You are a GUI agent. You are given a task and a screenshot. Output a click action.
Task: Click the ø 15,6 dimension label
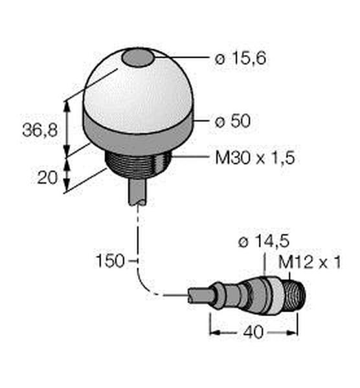[x=241, y=59]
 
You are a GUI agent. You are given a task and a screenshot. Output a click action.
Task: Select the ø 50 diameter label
[x=232, y=121]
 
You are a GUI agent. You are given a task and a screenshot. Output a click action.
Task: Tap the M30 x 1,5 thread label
[x=255, y=158]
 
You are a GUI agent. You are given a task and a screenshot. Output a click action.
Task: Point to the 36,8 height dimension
[x=40, y=130]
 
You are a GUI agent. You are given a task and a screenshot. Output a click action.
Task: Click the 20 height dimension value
[x=47, y=177]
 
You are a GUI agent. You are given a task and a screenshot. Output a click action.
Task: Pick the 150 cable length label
[x=110, y=261]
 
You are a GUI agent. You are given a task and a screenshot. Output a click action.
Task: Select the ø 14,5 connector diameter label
[x=264, y=241]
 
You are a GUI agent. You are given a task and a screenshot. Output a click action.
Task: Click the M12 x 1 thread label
[x=309, y=262]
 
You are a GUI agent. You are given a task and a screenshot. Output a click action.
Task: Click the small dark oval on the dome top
[x=138, y=58]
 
